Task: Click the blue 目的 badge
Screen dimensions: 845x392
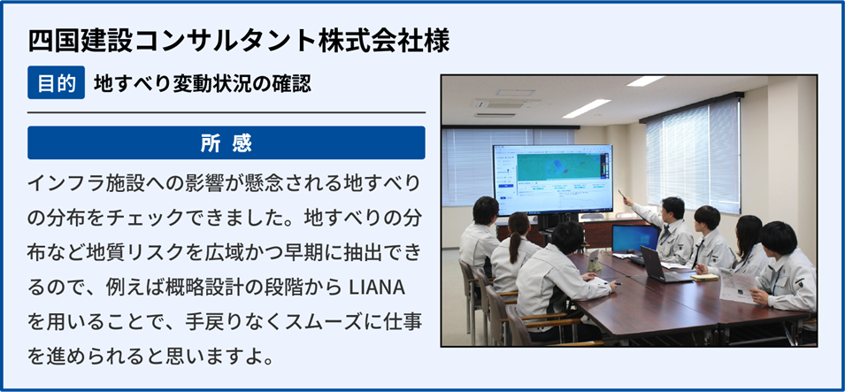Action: coord(56,82)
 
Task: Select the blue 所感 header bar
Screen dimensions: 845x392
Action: coord(227,142)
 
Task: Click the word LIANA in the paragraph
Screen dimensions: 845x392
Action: coord(377,288)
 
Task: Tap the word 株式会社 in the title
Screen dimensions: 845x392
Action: coord(372,42)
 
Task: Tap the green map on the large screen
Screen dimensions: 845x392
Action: coord(559,166)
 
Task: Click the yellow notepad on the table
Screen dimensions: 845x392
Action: coord(704,277)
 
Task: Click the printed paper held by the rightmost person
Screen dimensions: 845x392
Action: coord(739,285)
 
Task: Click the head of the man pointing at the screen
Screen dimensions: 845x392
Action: coord(672,208)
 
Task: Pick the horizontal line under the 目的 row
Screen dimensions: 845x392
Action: coord(227,112)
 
